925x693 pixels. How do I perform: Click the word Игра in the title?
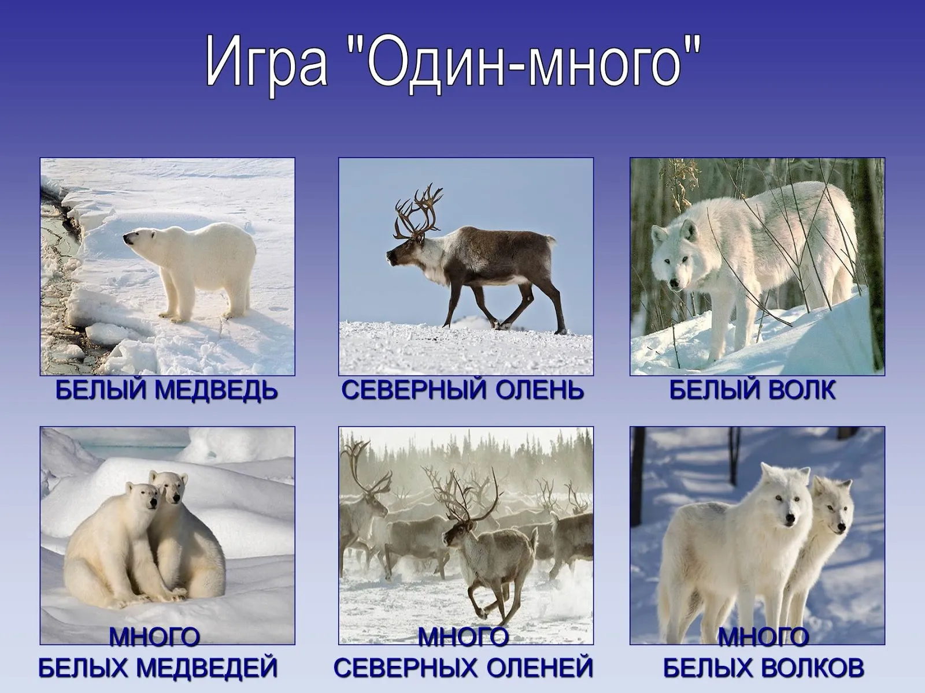click(266, 68)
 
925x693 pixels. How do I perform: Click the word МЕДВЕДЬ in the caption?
click(216, 390)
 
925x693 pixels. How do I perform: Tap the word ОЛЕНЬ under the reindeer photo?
click(539, 390)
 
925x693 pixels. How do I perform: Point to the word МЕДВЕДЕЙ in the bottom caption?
click(212, 668)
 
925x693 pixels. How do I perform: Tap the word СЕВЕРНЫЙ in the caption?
click(415, 390)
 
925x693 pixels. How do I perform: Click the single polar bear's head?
click(140, 239)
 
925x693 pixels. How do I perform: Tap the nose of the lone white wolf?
click(675, 285)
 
